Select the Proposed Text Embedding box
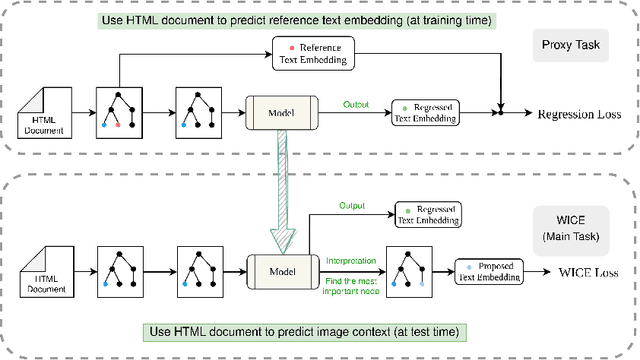(x=491, y=269)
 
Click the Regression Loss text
(x=579, y=114)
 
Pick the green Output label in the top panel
(x=357, y=103)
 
